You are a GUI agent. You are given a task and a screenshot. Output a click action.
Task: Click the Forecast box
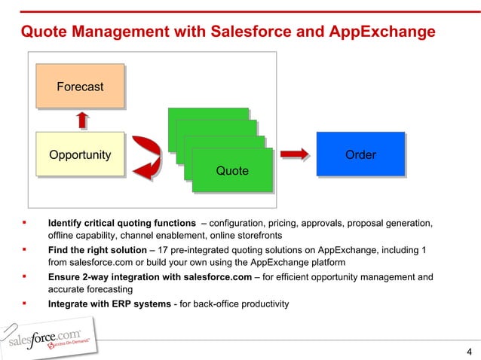tap(80, 87)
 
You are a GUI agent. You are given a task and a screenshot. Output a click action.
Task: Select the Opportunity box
tap(80, 155)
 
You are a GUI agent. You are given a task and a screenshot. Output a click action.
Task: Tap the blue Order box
tap(360, 155)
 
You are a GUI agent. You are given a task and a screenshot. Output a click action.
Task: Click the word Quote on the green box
tap(231, 171)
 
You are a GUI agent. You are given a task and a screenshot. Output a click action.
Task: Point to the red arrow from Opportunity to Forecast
tap(82, 121)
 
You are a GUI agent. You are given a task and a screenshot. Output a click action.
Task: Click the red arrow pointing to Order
tap(295, 154)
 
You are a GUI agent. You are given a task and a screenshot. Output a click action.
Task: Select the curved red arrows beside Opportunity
tap(146, 157)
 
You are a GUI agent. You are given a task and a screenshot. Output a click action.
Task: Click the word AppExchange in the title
tap(382, 32)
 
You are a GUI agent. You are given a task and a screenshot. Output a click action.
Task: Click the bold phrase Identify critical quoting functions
tap(121, 223)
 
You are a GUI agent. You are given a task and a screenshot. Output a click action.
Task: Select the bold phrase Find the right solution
tap(97, 250)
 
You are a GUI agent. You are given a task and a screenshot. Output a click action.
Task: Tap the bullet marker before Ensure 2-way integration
tap(25, 276)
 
